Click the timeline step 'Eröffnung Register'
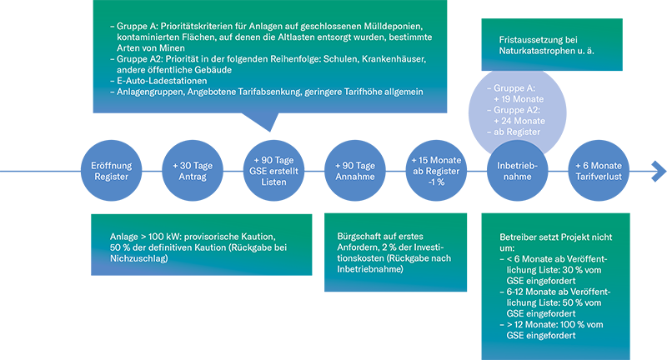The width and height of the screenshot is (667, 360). click(111, 171)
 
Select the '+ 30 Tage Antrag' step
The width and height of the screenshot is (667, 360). click(193, 171)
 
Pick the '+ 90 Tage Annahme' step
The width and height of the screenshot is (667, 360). click(356, 171)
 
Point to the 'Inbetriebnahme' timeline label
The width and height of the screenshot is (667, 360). click(517, 171)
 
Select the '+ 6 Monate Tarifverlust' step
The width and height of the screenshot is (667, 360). click(599, 171)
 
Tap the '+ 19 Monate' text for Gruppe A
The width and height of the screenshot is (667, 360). click(519, 98)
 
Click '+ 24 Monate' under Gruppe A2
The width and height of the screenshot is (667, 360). click(519, 120)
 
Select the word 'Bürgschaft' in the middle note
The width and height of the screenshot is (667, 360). click(359, 236)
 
